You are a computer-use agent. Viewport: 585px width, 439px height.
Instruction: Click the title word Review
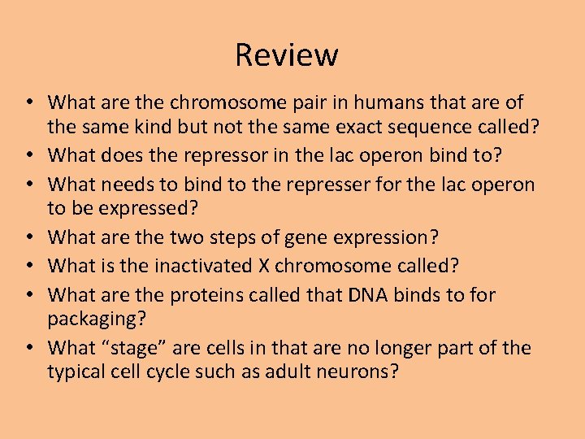(286, 55)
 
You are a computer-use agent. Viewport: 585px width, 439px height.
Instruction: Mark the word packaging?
(97, 319)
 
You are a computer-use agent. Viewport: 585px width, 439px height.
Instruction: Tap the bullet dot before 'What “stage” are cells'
(29, 348)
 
